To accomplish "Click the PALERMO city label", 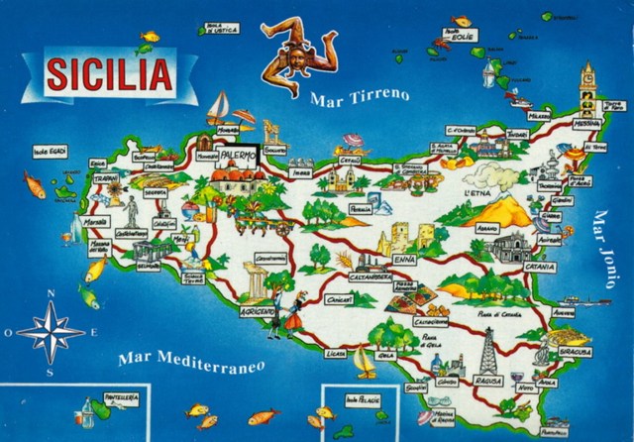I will (235, 156).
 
